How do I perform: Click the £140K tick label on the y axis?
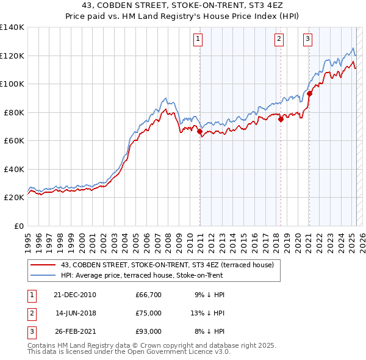pyautogui.click(x=12, y=27)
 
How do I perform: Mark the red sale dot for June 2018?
pyautogui.click(x=281, y=120)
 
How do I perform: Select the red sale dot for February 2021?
pyautogui.click(x=309, y=94)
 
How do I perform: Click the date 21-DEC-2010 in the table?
pyautogui.click(x=75, y=295)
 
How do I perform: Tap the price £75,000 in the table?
pyautogui.click(x=149, y=313)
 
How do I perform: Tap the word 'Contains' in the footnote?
pyautogui.click(x=43, y=345)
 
